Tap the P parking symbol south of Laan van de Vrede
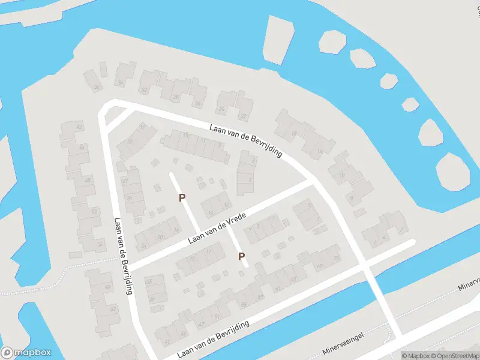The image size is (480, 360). click(x=242, y=256)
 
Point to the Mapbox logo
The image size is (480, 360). click(x=26, y=353)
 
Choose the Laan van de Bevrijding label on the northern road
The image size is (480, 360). click(x=245, y=140)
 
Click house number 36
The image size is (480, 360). click(x=121, y=83)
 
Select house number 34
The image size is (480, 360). click(x=97, y=88)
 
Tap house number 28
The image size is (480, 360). click(x=176, y=97)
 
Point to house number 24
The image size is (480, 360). click(x=222, y=109)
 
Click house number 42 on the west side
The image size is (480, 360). click(x=79, y=127)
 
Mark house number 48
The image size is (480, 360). click(x=88, y=180)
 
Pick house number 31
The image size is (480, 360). click(x=129, y=199)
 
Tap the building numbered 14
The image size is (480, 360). click(x=320, y=151)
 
